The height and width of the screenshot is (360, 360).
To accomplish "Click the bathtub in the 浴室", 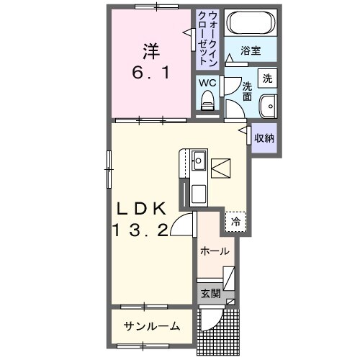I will click(249, 24).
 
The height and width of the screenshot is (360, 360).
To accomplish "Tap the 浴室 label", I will click(250, 51).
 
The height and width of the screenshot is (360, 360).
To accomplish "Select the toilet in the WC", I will click(208, 102).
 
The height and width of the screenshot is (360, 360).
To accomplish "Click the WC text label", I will click(207, 83).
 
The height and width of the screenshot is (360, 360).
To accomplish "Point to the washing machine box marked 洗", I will click(267, 78).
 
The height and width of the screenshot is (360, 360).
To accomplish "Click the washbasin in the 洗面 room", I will click(268, 104).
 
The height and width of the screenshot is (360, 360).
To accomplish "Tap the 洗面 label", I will click(247, 90).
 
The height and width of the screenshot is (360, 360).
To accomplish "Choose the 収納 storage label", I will click(264, 138).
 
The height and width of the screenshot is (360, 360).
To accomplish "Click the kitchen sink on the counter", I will click(199, 161).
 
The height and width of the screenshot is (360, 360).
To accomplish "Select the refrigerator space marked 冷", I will click(235, 222).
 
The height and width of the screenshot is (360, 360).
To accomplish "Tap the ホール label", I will click(215, 251).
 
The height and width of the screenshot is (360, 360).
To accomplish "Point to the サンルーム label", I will click(152, 326).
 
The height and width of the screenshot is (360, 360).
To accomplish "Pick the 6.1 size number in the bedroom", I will click(150, 73).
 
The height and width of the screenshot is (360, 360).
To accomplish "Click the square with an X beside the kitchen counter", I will click(222, 168).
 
